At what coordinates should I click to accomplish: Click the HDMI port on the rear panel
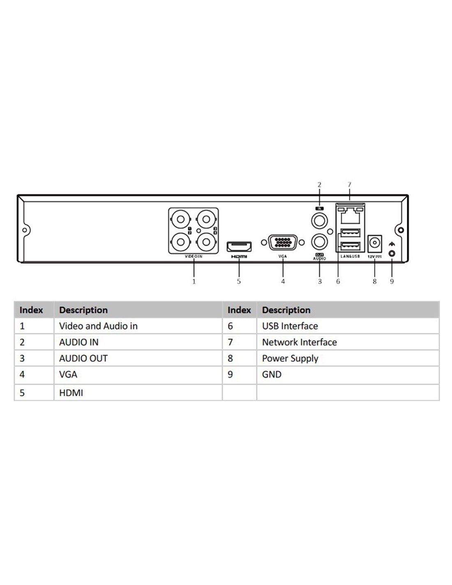click(239, 246)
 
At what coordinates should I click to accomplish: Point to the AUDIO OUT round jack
click(319, 241)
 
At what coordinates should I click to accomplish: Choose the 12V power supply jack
click(374, 244)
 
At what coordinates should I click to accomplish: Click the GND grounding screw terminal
click(392, 253)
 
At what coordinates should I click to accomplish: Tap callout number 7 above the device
click(349, 185)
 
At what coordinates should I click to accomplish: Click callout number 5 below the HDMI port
click(239, 281)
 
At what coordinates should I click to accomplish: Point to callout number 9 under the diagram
click(392, 281)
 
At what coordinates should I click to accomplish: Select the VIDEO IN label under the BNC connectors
click(193, 256)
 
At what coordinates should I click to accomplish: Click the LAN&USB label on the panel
click(350, 256)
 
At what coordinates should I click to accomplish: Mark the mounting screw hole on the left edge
click(25, 230)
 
